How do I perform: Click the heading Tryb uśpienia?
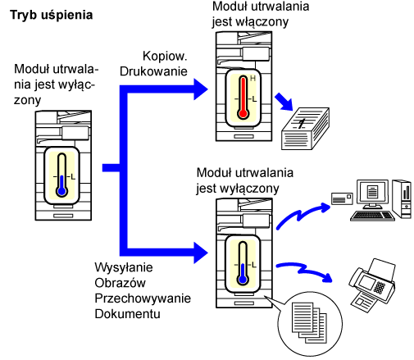point(52,16)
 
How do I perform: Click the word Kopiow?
point(165,56)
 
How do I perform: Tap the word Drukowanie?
point(153,71)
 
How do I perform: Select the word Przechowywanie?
point(143,298)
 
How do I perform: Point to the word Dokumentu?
point(127,314)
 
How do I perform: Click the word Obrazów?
point(120,283)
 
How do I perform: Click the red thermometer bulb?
point(243,113)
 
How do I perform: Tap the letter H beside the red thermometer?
point(252,79)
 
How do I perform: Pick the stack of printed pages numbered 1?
point(305,129)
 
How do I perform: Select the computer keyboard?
point(372,216)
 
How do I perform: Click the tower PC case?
point(402,199)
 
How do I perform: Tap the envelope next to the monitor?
point(342,198)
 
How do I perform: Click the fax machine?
point(372,285)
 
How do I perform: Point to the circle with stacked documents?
point(310,324)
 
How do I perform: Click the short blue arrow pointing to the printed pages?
point(284,102)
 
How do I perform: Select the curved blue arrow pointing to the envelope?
point(302,215)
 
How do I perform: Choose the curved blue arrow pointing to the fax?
point(304,270)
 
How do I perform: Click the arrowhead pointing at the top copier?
point(201,89)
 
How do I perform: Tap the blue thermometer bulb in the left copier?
point(62,191)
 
